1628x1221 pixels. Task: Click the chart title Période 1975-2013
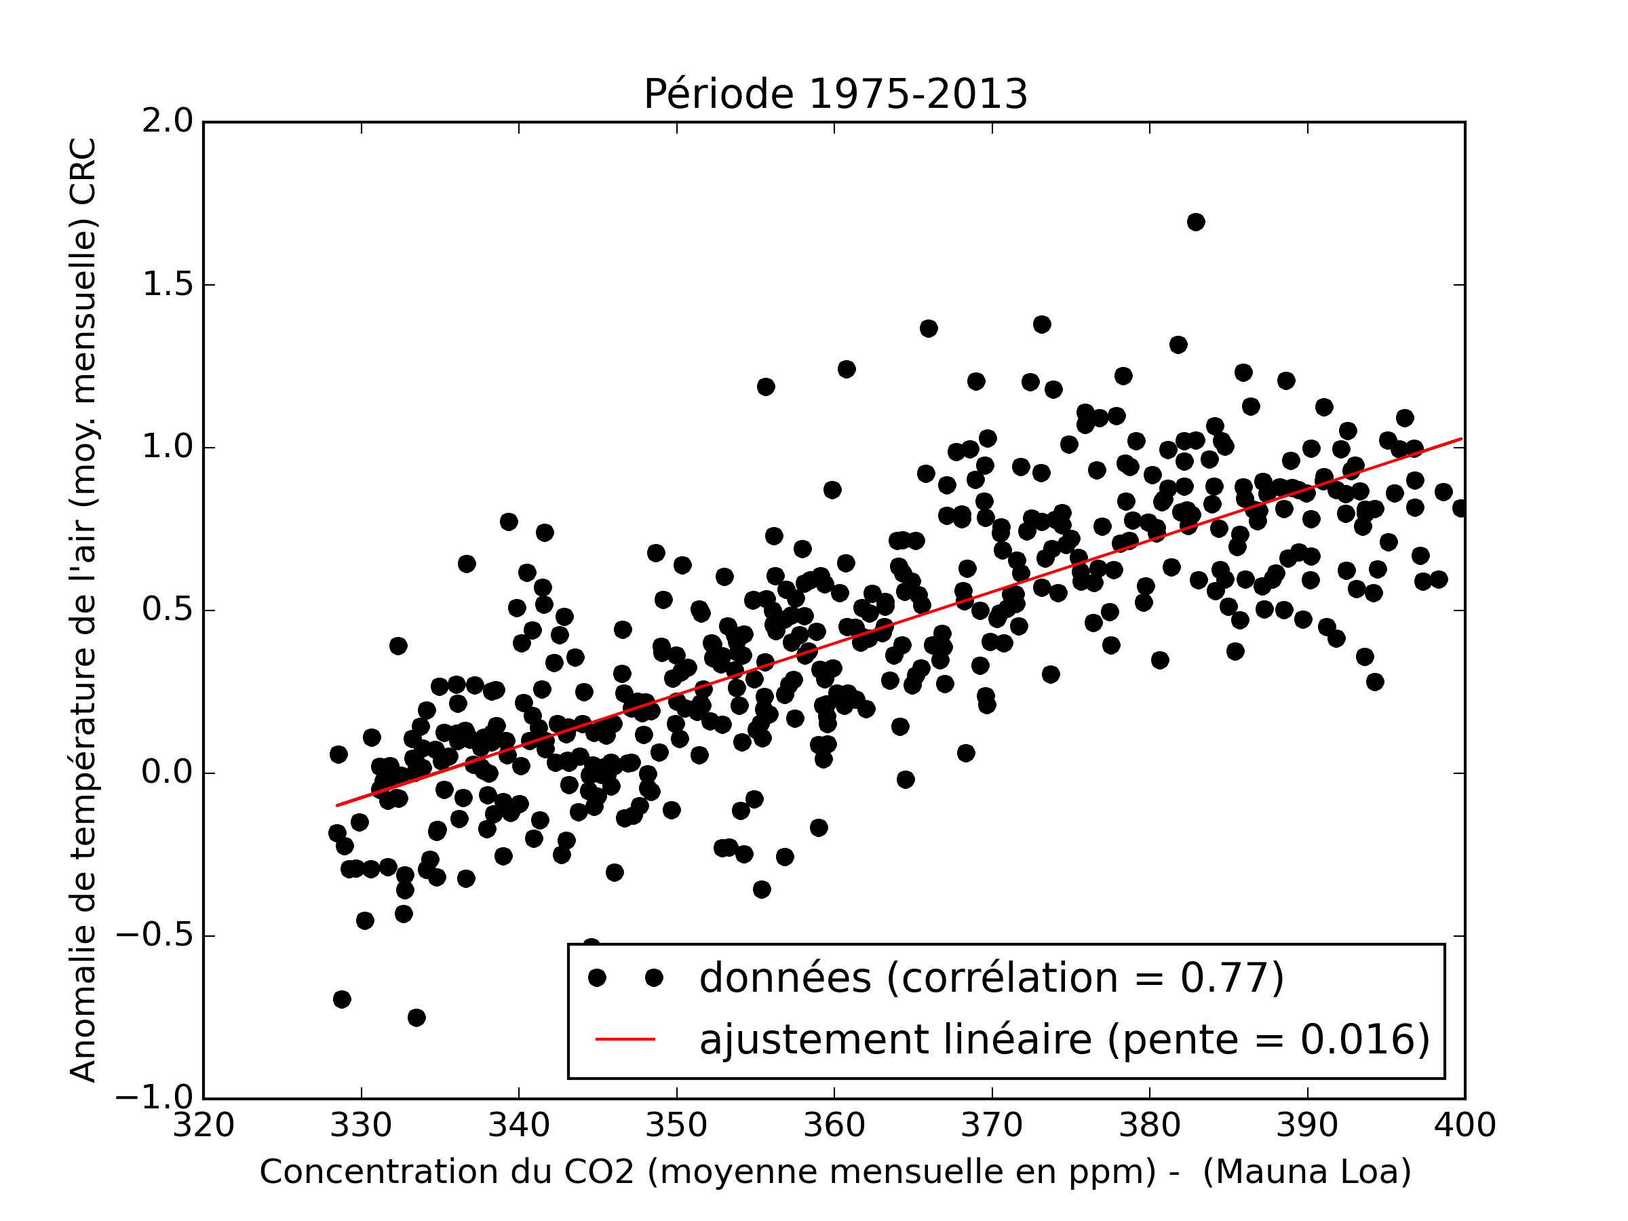tap(834, 94)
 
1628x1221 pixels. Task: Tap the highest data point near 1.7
tap(1195, 222)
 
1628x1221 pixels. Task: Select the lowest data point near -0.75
tap(416, 1017)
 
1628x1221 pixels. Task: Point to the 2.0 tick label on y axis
tap(167, 121)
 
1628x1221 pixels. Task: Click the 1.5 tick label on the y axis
tap(167, 285)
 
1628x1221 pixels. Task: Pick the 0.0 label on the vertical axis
tap(167, 773)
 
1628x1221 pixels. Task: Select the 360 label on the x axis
tap(834, 1126)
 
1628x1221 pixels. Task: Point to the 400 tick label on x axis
tap(1465, 1126)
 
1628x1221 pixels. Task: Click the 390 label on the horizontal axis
tap(1307, 1126)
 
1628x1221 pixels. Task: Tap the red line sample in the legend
tap(625, 1039)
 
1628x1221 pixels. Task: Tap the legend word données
tap(785, 978)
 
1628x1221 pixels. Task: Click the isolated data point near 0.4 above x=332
tap(398, 646)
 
